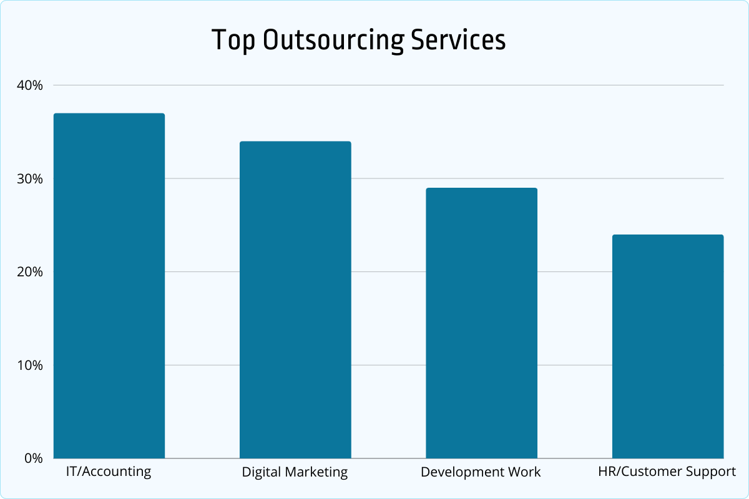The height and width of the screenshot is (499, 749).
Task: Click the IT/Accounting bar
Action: point(109,287)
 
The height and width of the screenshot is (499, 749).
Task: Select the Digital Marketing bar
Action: point(295,299)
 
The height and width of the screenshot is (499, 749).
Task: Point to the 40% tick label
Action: point(30,85)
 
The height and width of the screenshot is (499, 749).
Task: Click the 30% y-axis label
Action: point(30,179)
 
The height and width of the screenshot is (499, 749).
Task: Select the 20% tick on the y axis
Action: point(30,272)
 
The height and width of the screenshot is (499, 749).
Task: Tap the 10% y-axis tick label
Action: point(30,365)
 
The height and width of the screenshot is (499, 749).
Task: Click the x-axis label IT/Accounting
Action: point(109,472)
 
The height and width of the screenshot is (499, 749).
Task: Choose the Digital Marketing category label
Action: point(295,472)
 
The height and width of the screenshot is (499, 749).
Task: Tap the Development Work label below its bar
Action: point(481,472)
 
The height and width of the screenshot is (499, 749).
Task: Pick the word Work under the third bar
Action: point(524,472)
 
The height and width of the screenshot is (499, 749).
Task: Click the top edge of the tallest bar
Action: point(109,114)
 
